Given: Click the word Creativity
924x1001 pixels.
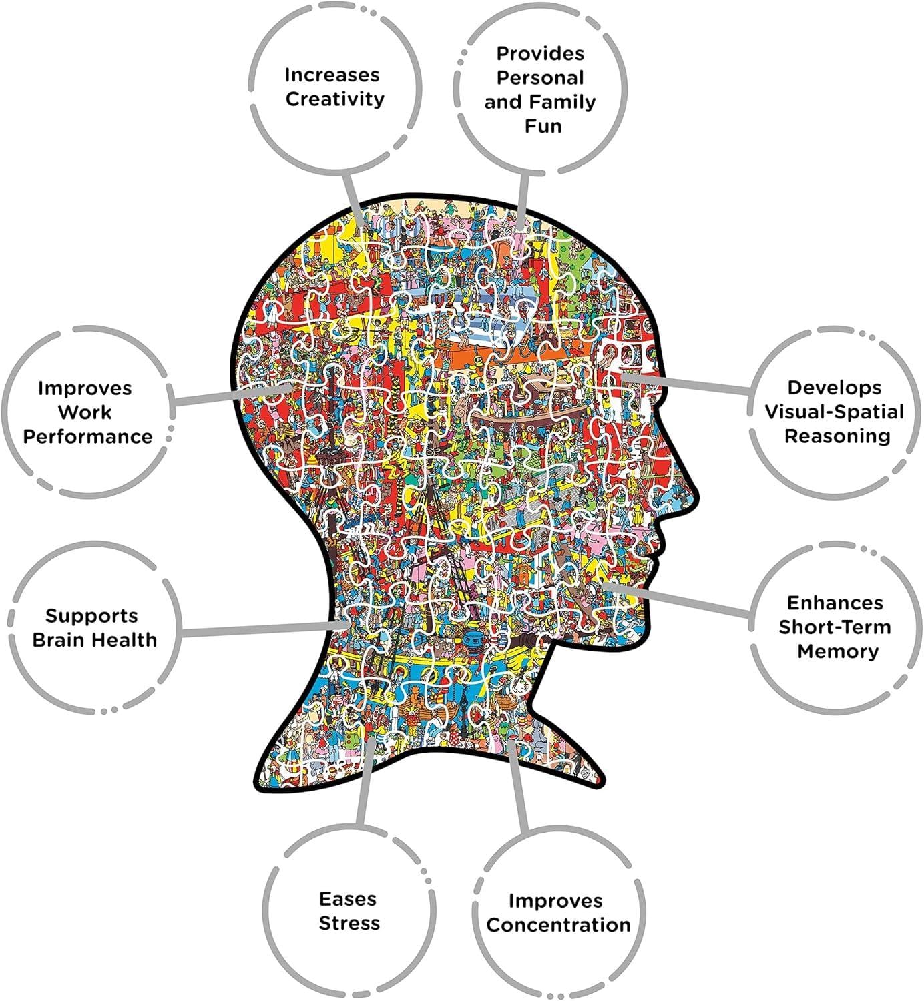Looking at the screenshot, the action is pos(335,99).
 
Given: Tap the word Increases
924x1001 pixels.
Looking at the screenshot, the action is pos(332,75).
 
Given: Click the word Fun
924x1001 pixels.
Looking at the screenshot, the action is pos(543,126).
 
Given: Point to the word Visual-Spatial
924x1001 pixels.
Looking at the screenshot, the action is pos(835,412).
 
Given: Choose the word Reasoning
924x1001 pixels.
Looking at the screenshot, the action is pos(837,436).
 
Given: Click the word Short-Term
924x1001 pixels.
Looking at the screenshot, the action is pos(835,627).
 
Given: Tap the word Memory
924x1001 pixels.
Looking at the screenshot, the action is pos(838,652).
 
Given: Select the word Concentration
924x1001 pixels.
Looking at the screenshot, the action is pos(558,925).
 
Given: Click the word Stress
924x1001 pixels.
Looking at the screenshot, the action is pos(349,923).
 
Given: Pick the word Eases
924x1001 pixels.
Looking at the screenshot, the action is pos(348,899).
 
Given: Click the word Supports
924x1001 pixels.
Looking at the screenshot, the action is pos(91,616).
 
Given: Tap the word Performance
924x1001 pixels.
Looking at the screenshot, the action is pos(87,436).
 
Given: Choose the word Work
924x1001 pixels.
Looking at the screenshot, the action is pos(85,412).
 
